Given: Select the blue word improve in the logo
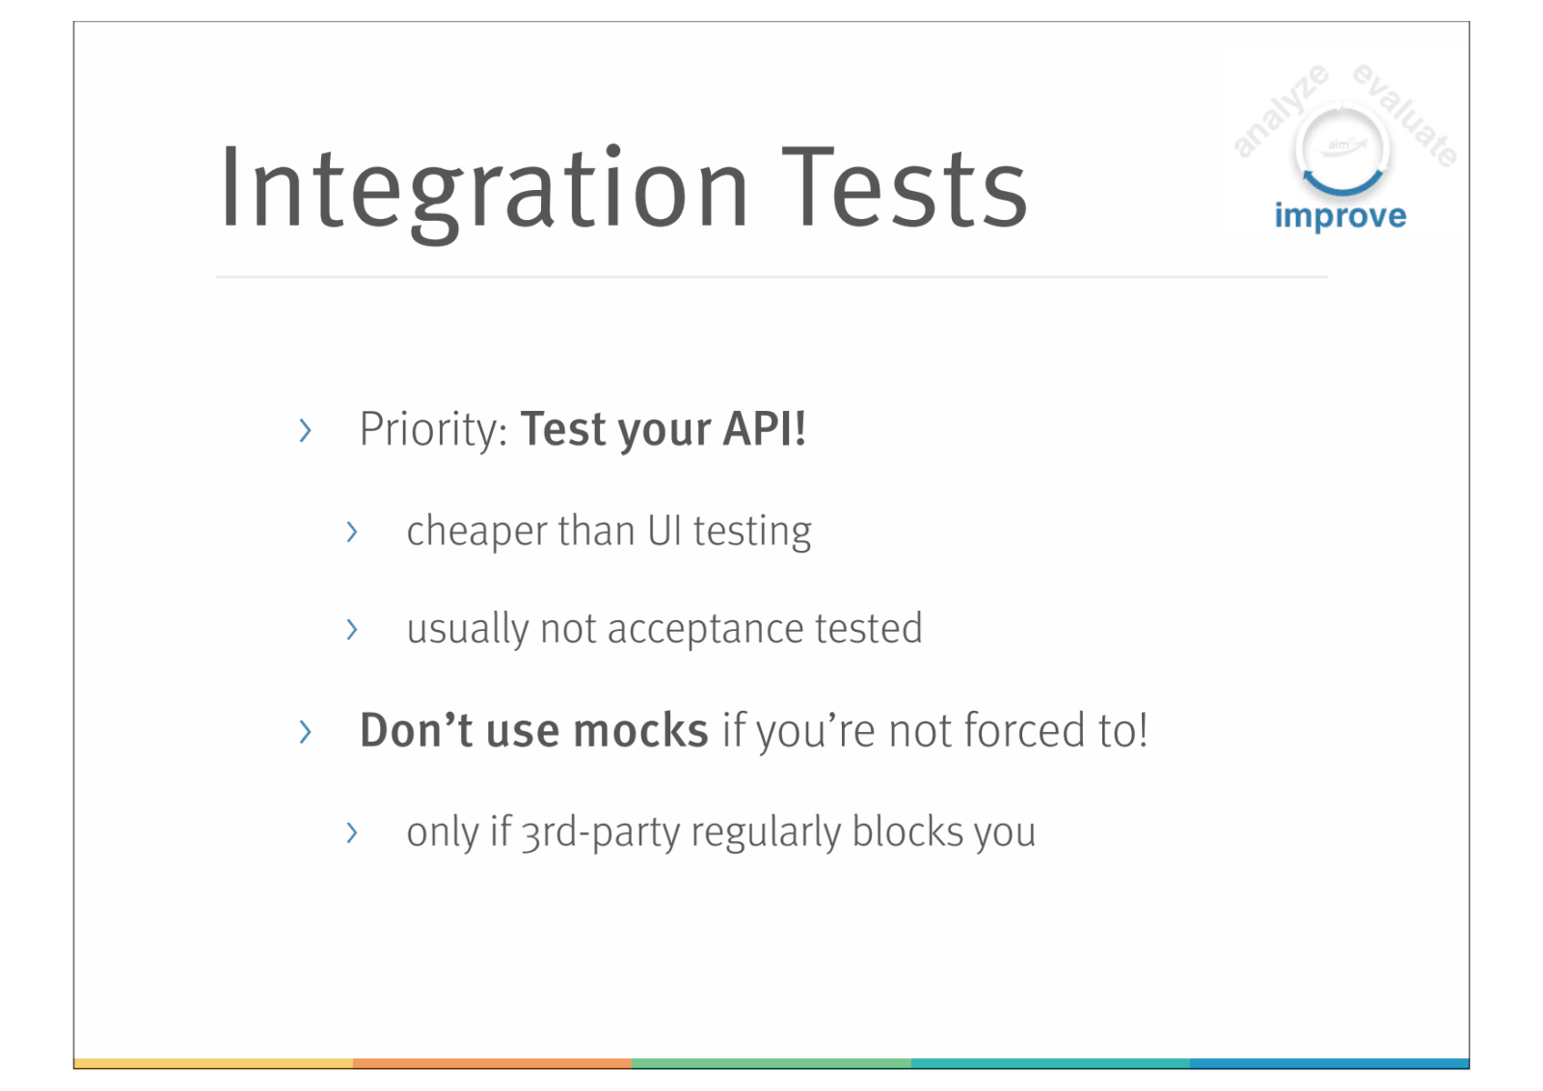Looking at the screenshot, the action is (x=1340, y=217).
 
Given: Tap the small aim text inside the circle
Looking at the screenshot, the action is (x=1339, y=145).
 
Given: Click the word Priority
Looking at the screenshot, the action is (x=433, y=430).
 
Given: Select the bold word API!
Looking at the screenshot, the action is (x=764, y=428).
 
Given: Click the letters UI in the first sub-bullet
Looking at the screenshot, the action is (x=664, y=531).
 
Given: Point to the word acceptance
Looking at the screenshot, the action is (x=705, y=630).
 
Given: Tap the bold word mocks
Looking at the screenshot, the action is (x=640, y=730).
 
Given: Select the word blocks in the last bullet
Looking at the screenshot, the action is (x=907, y=831).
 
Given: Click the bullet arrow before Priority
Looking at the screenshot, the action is (x=305, y=431).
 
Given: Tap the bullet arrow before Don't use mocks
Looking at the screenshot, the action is (x=305, y=731).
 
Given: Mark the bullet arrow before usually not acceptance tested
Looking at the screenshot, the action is (x=352, y=629).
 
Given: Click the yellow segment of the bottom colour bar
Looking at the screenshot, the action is (x=213, y=1063).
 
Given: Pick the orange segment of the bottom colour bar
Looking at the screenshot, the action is (x=493, y=1063).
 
